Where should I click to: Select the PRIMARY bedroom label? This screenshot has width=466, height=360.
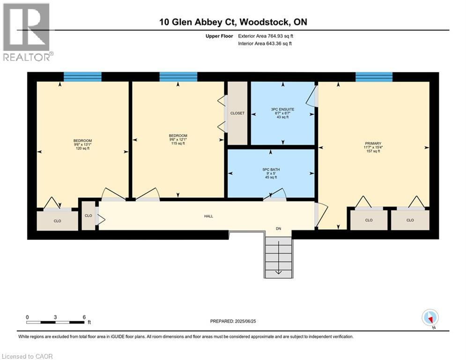373,144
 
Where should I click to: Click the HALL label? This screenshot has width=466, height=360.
208,216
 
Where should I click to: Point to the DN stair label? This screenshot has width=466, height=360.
278,228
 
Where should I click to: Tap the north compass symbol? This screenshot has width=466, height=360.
429,317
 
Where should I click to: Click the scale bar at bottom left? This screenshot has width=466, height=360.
56,322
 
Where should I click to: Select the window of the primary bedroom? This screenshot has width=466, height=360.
374,77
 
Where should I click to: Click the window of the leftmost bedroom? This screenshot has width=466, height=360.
82,77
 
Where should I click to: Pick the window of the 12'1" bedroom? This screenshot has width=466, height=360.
178,77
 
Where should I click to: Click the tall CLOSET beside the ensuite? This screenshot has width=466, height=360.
237,113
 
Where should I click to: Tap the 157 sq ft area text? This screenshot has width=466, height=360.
373,151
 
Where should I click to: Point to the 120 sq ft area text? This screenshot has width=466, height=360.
82,148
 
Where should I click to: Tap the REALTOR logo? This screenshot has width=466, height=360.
27,32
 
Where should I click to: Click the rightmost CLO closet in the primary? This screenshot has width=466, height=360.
410,220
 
